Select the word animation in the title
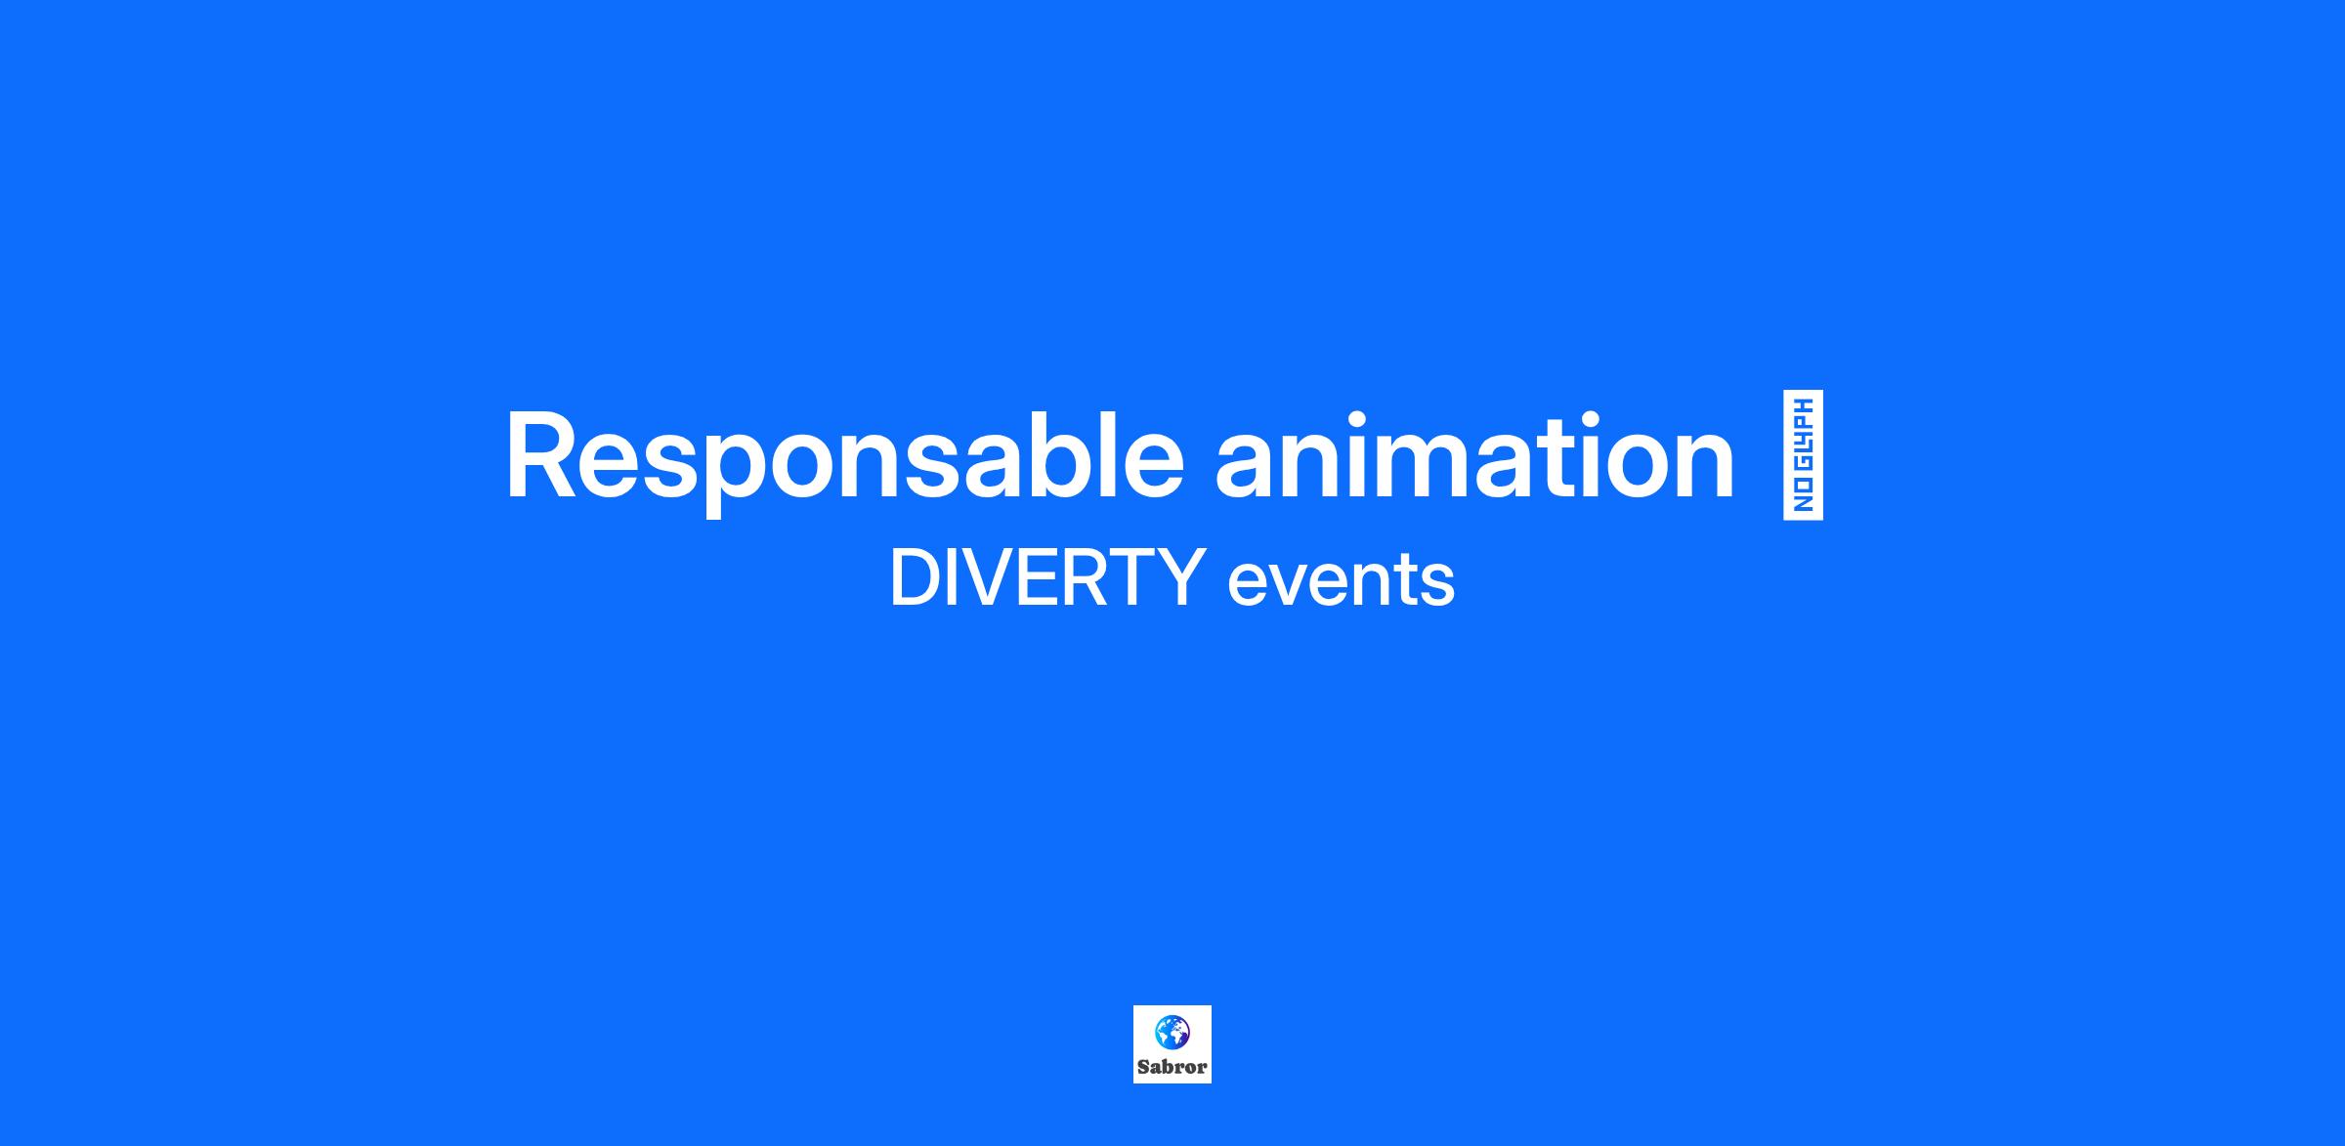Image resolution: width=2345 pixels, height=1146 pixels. pos(1474,455)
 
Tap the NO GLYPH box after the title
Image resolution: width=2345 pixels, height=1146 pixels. pos(1803,455)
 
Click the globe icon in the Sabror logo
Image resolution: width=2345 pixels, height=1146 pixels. pos(1172,1032)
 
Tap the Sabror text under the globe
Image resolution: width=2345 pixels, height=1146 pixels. pos(1172,1067)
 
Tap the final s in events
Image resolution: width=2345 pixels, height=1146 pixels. pos(1437,586)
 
